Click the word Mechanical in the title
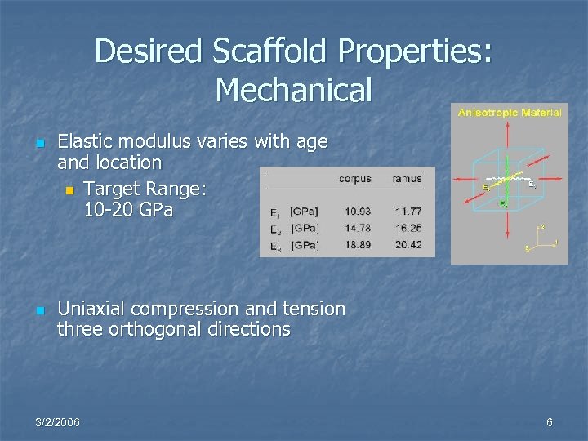tap(294, 90)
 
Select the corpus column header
tap(354, 179)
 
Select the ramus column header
tap(407, 179)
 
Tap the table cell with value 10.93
tap(357, 212)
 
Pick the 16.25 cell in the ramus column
tap(408, 229)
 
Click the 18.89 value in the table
tap(357, 245)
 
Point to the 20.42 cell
tap(408, 245)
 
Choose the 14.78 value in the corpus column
tap(357, 229)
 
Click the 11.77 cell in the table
tap(408, 212)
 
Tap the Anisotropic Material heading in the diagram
tap(510, 113)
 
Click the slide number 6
tap(550, 422)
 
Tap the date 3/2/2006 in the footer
tap(58, 422)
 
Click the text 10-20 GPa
tap(128, 210)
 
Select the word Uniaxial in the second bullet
tap(91, 309)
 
